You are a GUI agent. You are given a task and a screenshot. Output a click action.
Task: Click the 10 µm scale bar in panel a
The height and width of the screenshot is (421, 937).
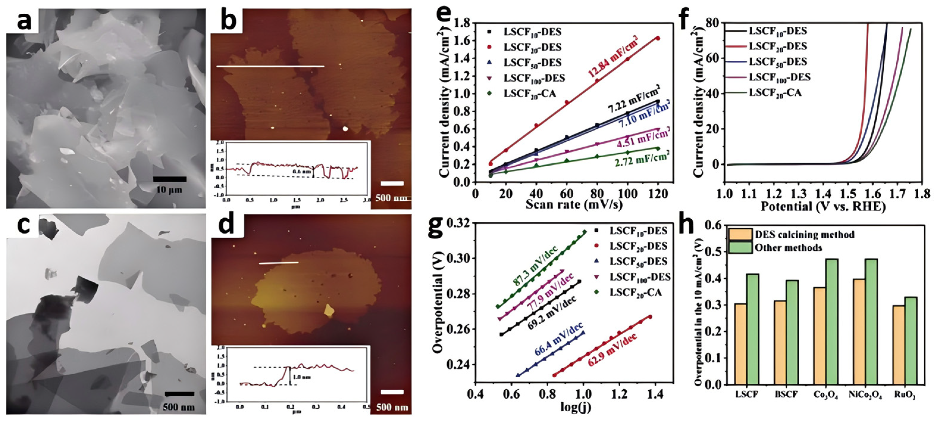[x=169, y=179]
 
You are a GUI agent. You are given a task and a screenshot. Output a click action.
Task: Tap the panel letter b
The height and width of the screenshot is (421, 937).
[x=229, y=21]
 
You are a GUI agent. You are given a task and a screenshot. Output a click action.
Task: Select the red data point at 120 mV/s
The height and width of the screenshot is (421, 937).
[x=658, y=38]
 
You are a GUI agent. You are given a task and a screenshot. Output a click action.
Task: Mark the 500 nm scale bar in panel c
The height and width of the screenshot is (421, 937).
[x=179, y=394]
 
